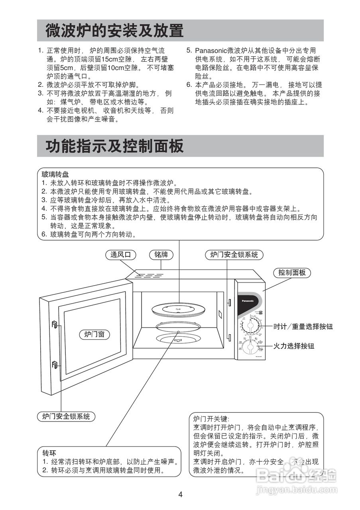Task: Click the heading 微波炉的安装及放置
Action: coord(114,31)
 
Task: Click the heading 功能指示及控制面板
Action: coord(114,146)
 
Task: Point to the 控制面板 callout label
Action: coord(292,273)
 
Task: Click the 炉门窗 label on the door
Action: coord(94,334)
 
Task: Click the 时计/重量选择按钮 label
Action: coord(303,327)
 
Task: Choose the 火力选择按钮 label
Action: coord(294,346)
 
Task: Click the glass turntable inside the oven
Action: coord(179,309)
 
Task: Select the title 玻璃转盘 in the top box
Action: coord(55,175)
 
